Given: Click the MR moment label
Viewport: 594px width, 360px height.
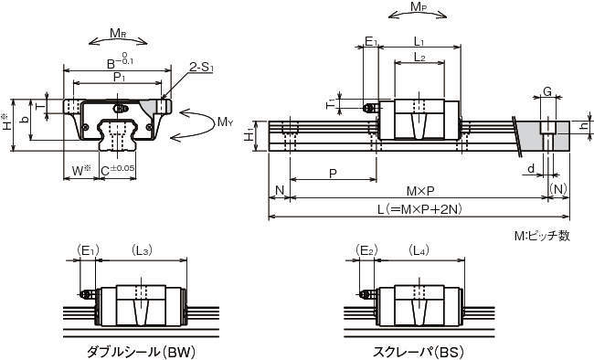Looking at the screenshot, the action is [118, 33].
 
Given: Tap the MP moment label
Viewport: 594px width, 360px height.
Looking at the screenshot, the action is [418, 6].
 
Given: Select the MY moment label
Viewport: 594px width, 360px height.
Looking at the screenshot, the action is [225, 122].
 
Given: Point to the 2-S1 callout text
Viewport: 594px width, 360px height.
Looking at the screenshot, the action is [202, 69].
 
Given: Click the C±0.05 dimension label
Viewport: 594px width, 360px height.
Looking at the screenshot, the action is [118, 170].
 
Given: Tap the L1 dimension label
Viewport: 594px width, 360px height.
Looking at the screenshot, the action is [419, 41].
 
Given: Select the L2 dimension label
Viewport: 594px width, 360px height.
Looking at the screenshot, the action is [419, 58].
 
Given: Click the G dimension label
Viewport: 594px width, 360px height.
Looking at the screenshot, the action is [547, 91].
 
